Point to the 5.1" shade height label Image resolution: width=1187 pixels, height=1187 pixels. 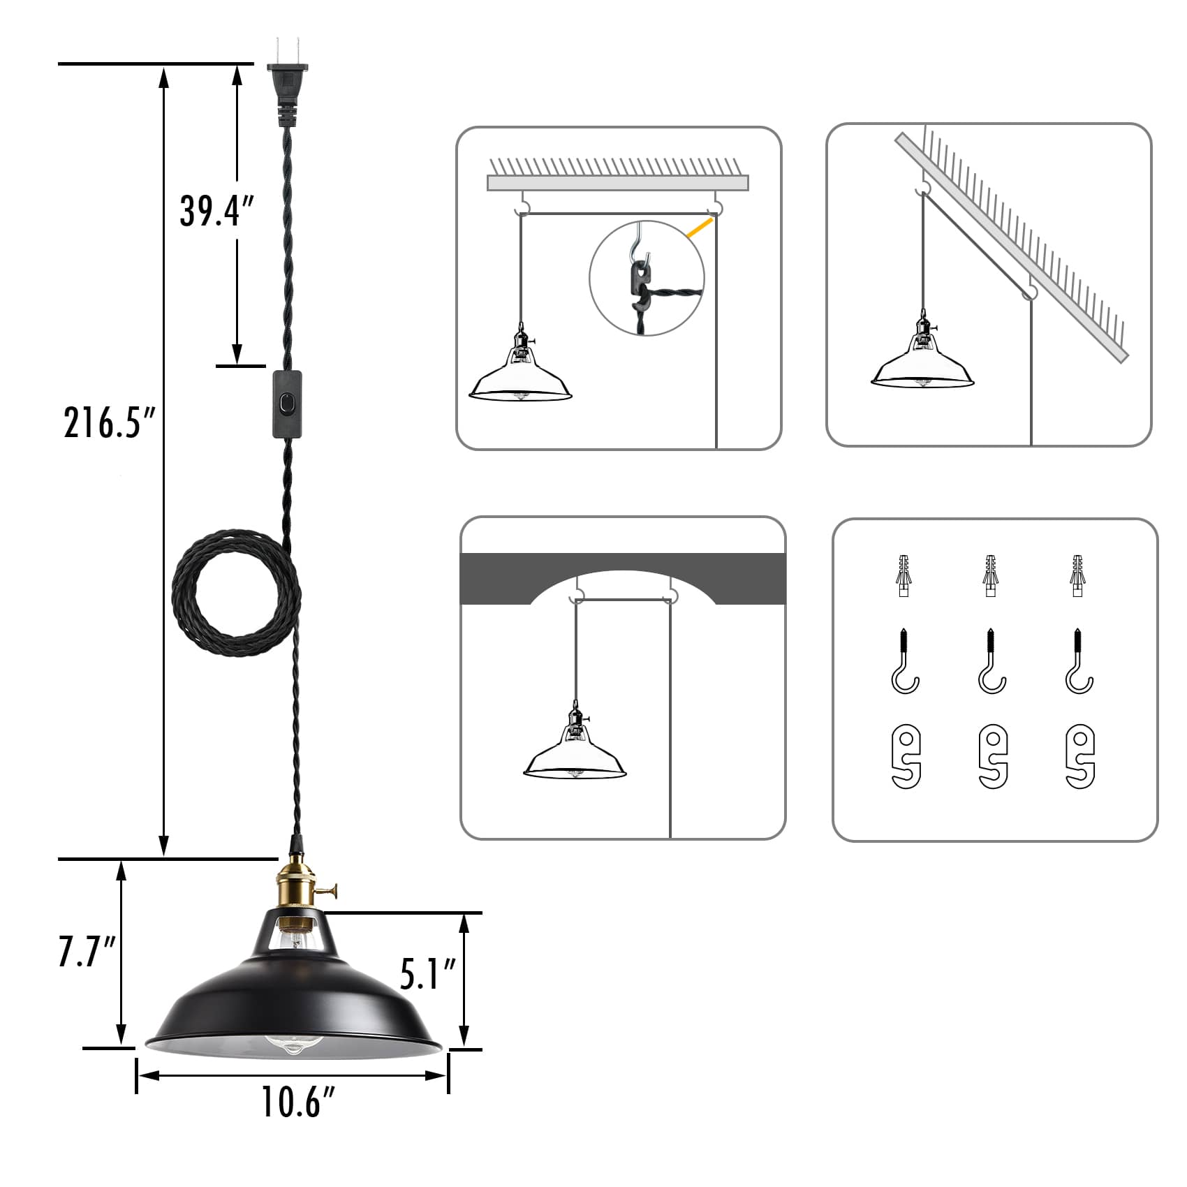428,974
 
